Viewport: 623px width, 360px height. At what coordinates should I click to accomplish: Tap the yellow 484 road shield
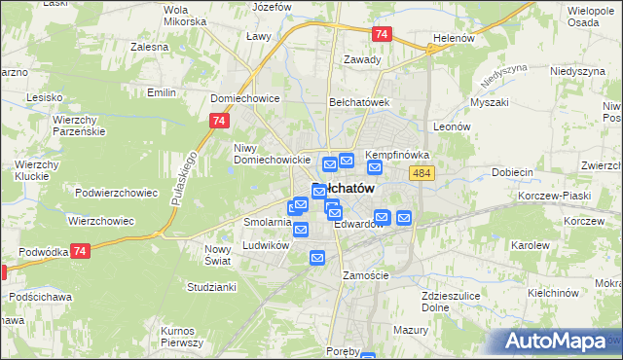[x=421, y=172]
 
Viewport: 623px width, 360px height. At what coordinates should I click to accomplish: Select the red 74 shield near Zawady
[x=382, y=34]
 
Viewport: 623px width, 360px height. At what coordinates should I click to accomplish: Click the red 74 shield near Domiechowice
[x=218, y=121]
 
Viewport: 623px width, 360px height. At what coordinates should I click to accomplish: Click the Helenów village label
[x=453, y=40]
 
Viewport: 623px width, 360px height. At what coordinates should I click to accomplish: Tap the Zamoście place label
[x=366, y=275]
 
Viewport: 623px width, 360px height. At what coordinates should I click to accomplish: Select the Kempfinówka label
[x=397, y=155]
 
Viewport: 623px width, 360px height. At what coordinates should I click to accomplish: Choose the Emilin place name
[x=161, y=92]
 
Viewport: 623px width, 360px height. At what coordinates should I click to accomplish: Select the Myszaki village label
[x=489, y=102]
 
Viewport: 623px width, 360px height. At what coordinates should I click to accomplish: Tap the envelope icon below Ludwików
[x=317, y=258]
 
